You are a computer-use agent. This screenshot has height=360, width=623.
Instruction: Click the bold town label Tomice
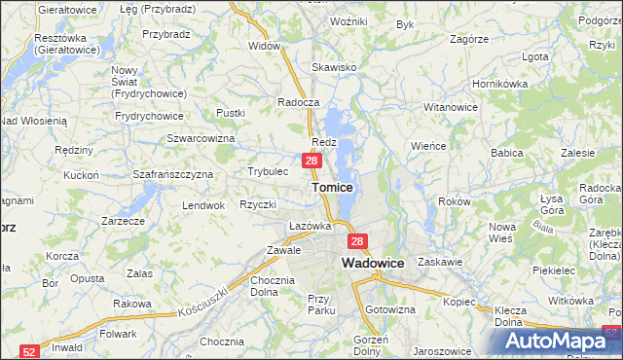[332, 186]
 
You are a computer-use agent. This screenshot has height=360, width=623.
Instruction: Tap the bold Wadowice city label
[373, 263]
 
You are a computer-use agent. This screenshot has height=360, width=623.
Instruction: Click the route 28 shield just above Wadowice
[357, 242]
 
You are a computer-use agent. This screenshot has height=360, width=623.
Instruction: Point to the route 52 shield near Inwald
[30, 351]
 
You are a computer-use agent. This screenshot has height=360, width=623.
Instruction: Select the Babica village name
[507, 153]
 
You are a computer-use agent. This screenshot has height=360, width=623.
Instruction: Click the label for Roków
[455, 201]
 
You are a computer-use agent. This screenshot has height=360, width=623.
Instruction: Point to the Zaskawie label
[438, 262]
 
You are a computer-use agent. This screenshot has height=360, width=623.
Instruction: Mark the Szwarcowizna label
[202, 138]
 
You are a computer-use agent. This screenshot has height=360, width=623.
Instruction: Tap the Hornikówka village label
[499, 84]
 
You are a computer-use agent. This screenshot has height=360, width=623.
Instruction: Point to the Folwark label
[118, 333]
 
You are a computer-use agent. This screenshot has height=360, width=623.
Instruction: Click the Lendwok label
[203, 205]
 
